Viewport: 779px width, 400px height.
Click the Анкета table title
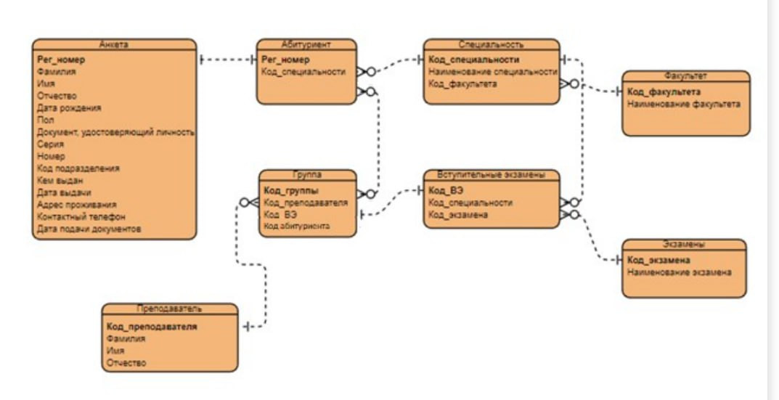click(114, 44)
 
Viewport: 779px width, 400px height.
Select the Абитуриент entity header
click(306, 44)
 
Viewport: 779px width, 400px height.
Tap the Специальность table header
click(492, 44)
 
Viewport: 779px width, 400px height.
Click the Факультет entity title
click(685, 75)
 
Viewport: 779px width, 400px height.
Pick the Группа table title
click(309, 175)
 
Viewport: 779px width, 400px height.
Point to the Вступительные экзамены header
click(492, 175)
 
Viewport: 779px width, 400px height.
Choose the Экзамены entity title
click(684, 245)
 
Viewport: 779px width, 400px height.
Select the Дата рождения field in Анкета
click(70, 107)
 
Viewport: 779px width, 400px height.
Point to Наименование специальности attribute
click(493, 72)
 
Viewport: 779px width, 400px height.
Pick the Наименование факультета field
click(684, 104)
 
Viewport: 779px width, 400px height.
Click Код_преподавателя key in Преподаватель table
click(152, 327)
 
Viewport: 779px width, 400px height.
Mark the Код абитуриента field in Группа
click(297, 226)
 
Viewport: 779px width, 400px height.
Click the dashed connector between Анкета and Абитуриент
click(227, 60)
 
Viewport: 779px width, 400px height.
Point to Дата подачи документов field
click(89, 229)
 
